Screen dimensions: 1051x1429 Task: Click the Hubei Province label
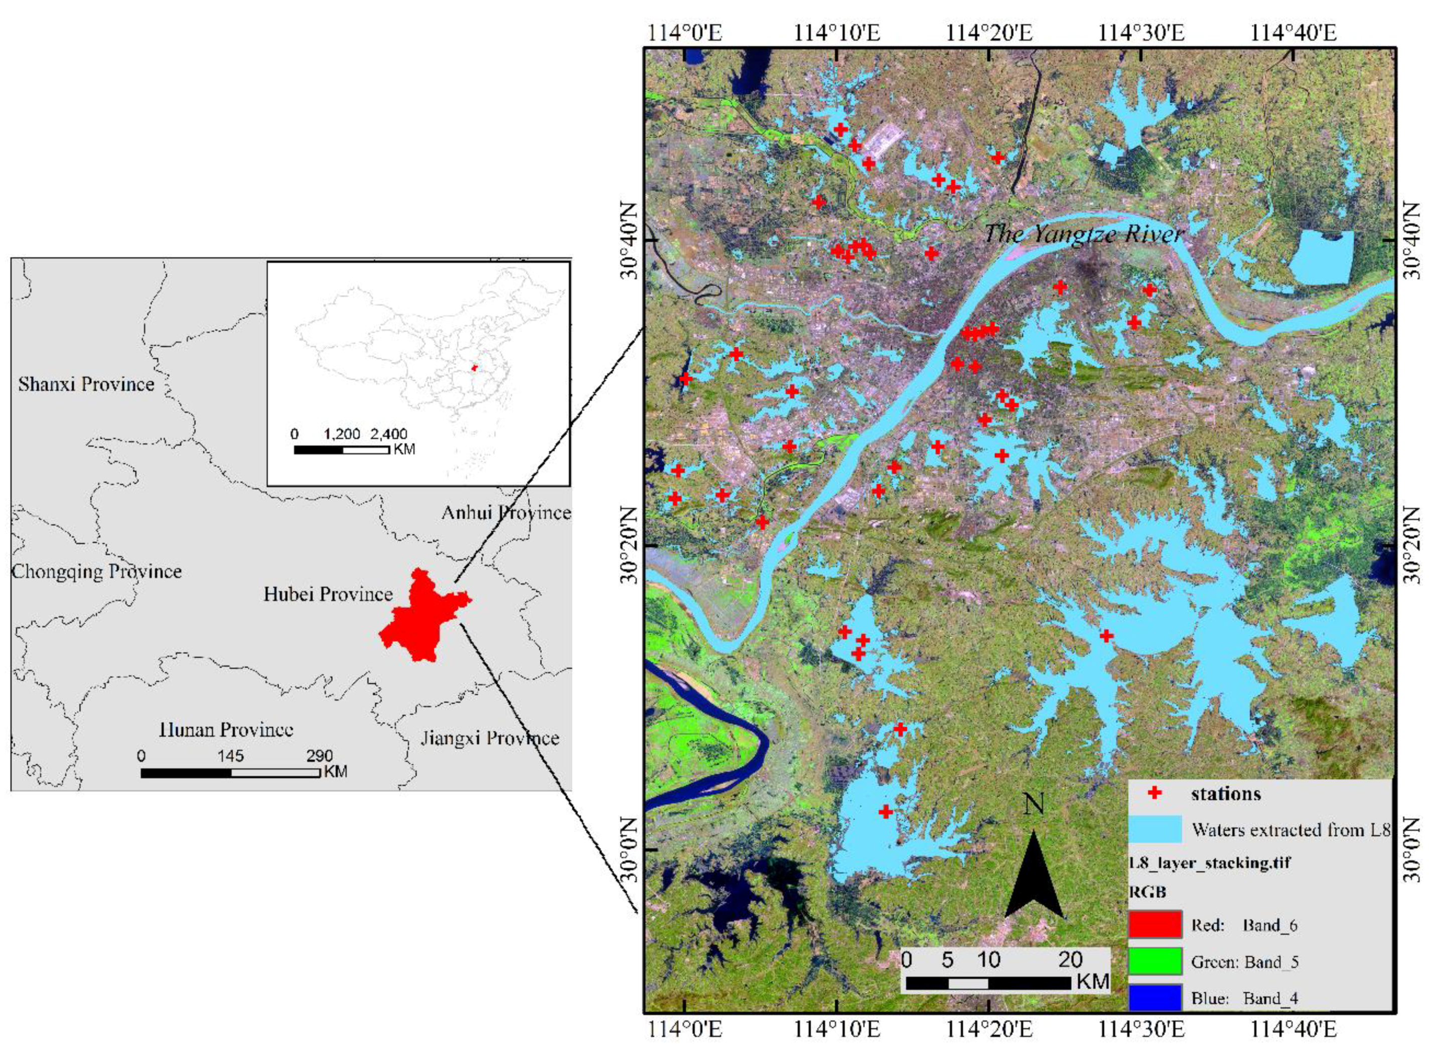(328, 594)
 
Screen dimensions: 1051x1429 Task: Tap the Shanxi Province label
(86, 384)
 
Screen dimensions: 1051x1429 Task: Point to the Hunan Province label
(226, 730)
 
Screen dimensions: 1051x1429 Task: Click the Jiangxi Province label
(489, 738)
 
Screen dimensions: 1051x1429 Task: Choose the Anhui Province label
(506, 513)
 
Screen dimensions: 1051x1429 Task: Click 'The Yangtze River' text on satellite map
(1083, 234)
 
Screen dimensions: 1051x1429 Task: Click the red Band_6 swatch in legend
(1155, 925)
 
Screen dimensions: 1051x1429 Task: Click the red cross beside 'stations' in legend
(1155, 793)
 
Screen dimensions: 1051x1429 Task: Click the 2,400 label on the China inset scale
(389, 434)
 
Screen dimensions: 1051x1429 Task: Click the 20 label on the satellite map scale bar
(1071, 959)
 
